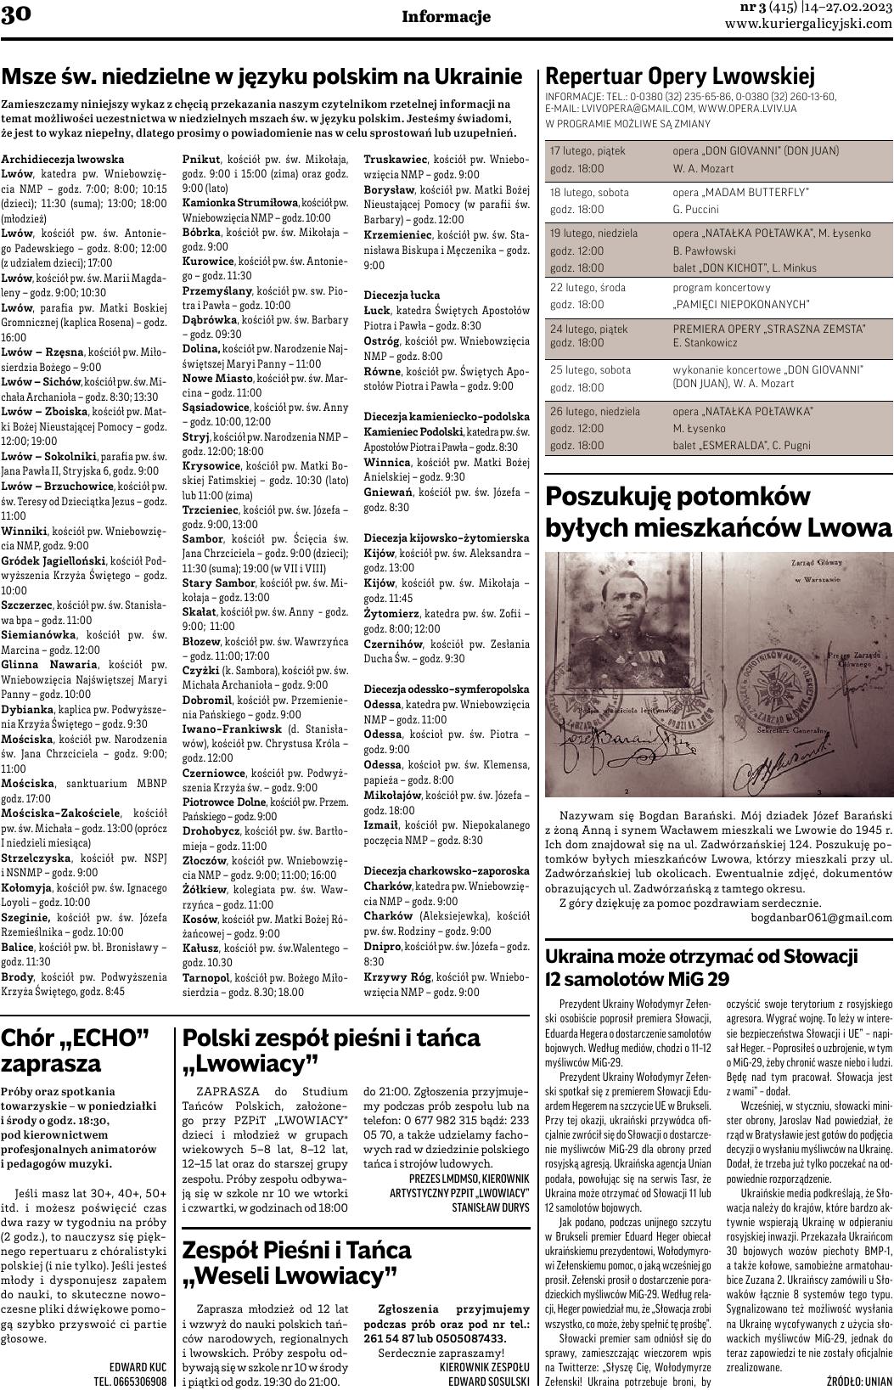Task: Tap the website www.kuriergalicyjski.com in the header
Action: coord(808,24)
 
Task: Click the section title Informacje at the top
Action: coord(446,17)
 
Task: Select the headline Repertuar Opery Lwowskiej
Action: coord(679,76)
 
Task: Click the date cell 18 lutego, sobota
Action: coord(590,193)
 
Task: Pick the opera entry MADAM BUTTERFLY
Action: coord(740,193)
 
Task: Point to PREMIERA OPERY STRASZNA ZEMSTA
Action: coord(769,329)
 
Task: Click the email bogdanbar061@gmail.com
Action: coord(821,917)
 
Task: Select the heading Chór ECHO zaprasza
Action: coord(76,1050)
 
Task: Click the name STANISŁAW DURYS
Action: coord(490,1206)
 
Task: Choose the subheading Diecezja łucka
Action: coord(396,295)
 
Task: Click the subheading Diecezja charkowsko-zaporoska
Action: coord(446,871)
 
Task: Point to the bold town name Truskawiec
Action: coord(395,160)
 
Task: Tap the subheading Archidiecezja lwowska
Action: coord(63,160)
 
